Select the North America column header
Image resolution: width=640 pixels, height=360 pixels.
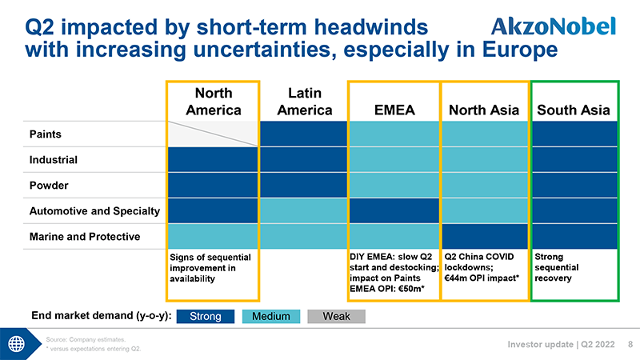coord(213,102)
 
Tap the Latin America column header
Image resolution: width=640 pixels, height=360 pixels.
coord(303,102)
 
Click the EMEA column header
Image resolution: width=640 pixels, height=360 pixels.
coord(394,110)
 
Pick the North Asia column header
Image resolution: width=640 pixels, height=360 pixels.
coord(483,110)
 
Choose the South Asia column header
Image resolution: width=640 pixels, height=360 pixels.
coord(574,110)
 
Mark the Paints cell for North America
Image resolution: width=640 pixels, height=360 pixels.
coord(213,134)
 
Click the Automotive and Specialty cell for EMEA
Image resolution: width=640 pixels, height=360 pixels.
coord(394,210)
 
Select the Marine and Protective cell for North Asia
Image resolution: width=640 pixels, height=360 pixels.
coord(483,236)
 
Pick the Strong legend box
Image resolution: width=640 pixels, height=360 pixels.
coord(205,316)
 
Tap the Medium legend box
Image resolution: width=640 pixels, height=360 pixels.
coord(270,316)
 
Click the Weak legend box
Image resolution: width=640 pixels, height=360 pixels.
coord(336,316)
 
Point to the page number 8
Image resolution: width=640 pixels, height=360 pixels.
coord(630,345)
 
